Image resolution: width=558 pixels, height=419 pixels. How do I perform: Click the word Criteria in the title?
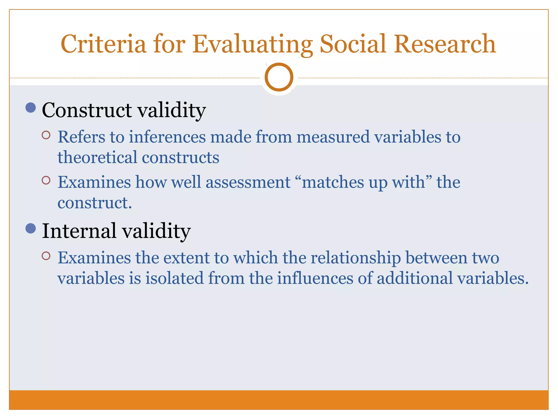coord(104,44)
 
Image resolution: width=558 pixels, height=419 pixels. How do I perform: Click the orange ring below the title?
coord(279,77)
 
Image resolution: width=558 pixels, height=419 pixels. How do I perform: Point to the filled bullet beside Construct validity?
coord(31,108)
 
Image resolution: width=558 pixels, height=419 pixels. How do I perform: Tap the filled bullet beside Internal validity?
coord(31,228)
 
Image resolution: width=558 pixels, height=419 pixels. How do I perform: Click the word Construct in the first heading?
coord(87,110)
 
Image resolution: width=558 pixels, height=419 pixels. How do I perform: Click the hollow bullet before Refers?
coord(46,135)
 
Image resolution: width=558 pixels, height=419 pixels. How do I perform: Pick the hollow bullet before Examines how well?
coord(46,180)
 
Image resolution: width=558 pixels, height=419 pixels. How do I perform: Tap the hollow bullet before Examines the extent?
coord(46,256)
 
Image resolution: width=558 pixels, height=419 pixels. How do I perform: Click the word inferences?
coord(167,137)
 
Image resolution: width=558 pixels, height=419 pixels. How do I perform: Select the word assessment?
coord(248,182)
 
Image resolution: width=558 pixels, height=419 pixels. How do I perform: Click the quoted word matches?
coord(333,182)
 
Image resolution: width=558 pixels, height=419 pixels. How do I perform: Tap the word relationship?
coord(356,258)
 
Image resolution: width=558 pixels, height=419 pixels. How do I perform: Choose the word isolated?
coord(174,278)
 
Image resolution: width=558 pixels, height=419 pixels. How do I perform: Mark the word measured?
coord(333,137)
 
